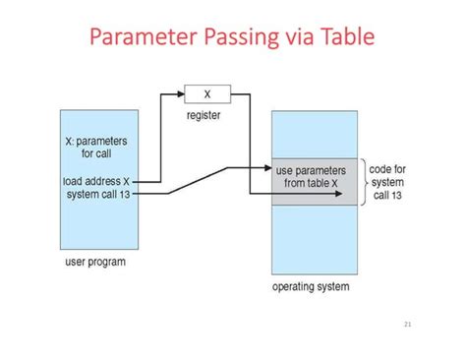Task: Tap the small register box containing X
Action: [207, 94]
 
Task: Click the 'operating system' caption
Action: [310, 287]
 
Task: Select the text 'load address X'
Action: [95, 181]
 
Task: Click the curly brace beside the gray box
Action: [362, 182]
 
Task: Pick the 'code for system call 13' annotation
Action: [389, 182]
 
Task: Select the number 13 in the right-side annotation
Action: [396, 195]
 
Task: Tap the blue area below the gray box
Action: [315, 236]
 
